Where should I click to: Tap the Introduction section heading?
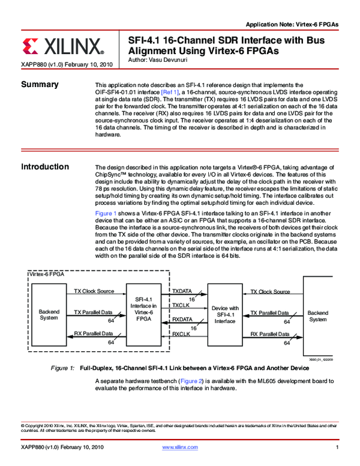tap(45, 166)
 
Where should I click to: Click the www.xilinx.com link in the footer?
tap(180, 448)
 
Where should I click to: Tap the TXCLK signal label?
tap(181, 305)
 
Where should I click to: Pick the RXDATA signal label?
tap(182, 319)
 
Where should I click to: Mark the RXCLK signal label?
tap(181, 334)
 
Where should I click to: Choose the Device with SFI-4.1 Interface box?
tap(225, 314)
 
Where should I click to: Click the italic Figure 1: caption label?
tap(63, 368)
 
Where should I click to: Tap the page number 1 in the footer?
tap(338, 448)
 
